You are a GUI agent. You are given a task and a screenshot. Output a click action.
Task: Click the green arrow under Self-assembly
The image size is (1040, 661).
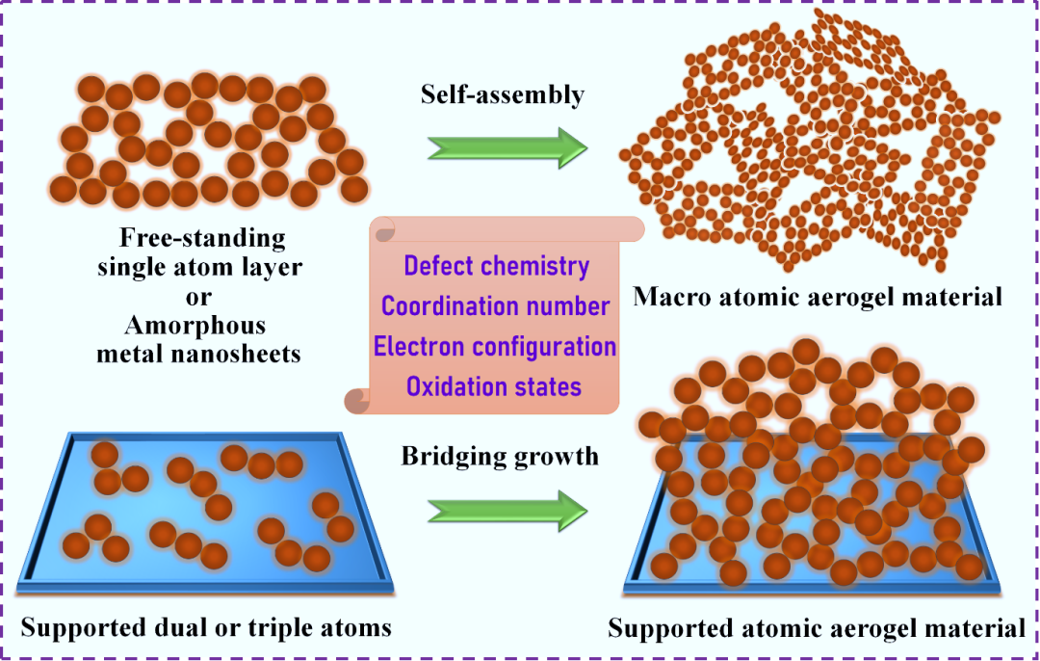pos(507,147)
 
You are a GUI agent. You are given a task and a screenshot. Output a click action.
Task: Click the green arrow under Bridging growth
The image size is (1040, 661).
pos(507,508)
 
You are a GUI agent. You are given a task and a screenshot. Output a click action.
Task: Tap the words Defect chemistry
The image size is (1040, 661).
pos(496,266)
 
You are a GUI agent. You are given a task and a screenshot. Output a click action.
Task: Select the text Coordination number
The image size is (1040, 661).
pos(495,306)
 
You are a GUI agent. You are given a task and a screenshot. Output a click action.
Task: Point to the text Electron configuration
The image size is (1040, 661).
pos(495,346)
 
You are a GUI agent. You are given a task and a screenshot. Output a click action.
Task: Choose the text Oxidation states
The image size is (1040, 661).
pos(493,386)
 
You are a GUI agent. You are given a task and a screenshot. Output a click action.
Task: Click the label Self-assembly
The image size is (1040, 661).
pos(502,94)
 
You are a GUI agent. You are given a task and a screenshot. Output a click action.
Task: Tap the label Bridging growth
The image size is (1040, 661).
pos(500,455)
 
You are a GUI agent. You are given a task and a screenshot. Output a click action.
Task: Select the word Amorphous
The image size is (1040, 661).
pos(199,324)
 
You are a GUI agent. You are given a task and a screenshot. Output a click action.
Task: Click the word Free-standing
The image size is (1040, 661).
pos(202,238)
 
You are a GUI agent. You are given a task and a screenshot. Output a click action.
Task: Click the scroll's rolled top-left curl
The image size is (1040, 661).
pos(382,229)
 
